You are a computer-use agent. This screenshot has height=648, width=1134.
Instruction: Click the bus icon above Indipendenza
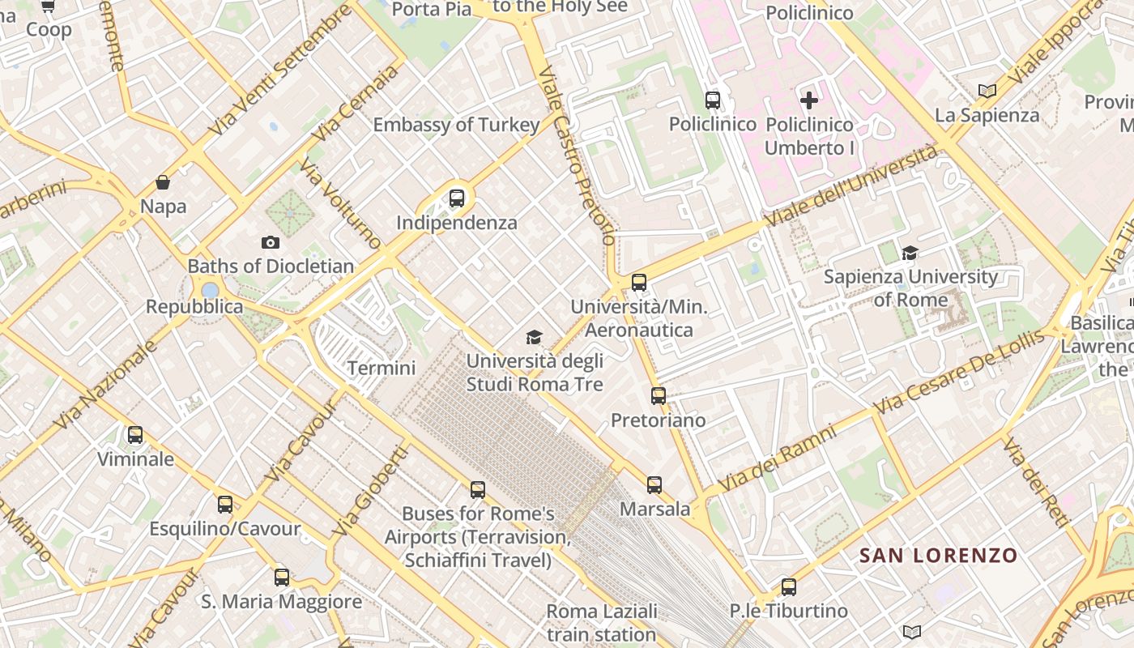tap(457, 198)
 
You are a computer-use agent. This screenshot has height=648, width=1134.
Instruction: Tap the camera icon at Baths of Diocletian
tap(271, 242)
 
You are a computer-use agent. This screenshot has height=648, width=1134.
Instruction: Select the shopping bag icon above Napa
tap(163, 182)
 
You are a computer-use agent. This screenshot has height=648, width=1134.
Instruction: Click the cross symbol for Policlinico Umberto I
tap(809, 100)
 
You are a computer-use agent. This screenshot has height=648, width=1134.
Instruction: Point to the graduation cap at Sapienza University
tap(910, 253)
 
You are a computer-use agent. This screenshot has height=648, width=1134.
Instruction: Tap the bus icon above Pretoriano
tap(659, 396)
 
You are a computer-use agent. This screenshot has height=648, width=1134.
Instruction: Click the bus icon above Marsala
tap(654, 485)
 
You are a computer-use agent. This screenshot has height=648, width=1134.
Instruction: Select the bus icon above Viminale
tap(135, 435)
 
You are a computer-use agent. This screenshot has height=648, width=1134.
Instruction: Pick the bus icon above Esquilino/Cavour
tap(225, 505)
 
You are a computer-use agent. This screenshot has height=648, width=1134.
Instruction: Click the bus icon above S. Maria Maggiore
tap(282, 578)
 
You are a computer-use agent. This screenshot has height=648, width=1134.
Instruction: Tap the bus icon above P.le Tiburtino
tap(789, 587)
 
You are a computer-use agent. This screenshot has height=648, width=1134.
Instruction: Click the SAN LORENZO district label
tap(938, 556)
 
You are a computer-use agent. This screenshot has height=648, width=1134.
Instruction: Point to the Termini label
tap(382, 368)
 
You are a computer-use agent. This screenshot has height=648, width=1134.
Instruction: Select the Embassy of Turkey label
tap(456, 125)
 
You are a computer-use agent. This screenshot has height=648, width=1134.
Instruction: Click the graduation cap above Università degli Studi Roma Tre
tap(534, 337)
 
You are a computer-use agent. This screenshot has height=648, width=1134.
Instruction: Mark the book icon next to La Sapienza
tap(987, 92)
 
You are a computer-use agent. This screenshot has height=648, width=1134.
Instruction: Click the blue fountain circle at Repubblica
tap(210, 289)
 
